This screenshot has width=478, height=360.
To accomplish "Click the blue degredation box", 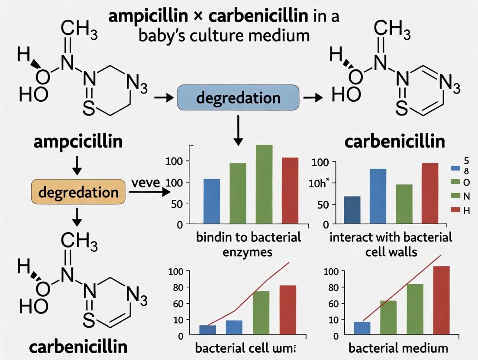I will (239, 97).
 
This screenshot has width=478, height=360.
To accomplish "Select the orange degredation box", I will (78, 192).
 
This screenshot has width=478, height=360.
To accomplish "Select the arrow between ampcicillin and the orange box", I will (77, 167).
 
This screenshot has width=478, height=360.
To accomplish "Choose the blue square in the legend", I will (455, 168).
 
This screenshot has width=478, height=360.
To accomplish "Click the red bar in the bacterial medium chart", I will (441, 300).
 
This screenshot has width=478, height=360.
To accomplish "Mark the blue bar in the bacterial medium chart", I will (362, 328).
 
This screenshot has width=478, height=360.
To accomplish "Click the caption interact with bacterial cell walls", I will (391, 244).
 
